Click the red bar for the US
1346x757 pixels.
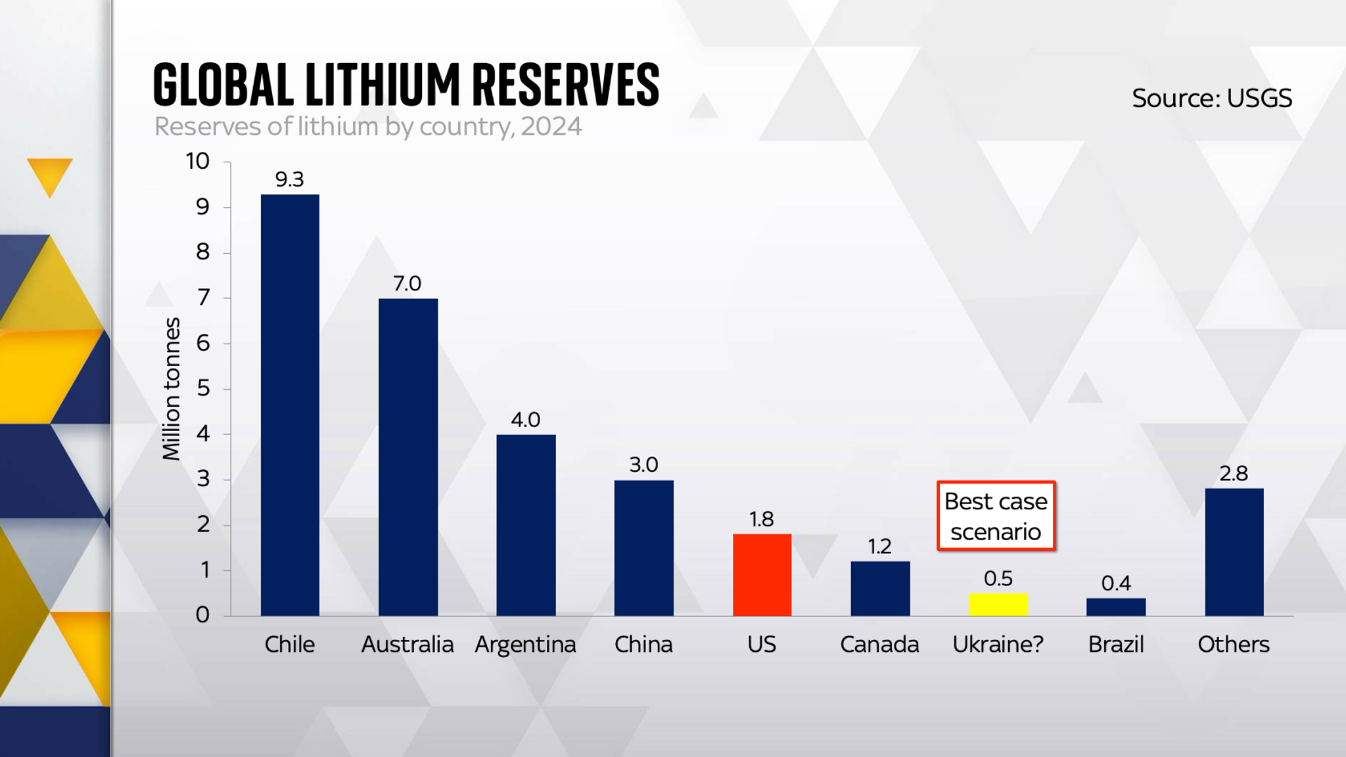pyautogui.click(x=762, y=575)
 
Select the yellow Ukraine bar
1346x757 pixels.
pyautogui.click(x=998, y=605)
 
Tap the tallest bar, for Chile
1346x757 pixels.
pyautogui.click(x=290, y=405)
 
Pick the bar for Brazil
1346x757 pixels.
pyautogui.click(x=1115, y=607)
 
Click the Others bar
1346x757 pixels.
pyautogui.click(x=1234, y=552)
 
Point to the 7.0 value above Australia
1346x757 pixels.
pyautogui.click(x=407, y=283)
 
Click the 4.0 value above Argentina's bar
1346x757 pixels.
pyautogui.click(x=525, y=419)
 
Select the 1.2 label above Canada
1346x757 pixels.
pyautogui.click(x=879, y=546)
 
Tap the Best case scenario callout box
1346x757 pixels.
pyautogui.click(x=996, y=516)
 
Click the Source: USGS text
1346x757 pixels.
pyautogui.click(x=1211, y=99)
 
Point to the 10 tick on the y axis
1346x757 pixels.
pyautogui.click(x=197, y=161)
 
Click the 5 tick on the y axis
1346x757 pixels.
pyautogui.click(x=203, y=388)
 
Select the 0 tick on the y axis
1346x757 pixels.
pyautogui.click(x=202, y=615)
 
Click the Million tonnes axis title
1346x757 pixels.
pyautogui.click(x=172, y=389)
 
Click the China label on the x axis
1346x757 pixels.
pyautogui.click(x=643, y=645)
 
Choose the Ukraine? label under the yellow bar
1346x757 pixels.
pyautogui.click(x=998, y=645)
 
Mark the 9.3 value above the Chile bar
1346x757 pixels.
pyautogui.click(x=289, y=179)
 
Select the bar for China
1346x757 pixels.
pyautogui.click(x=643, y=548)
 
